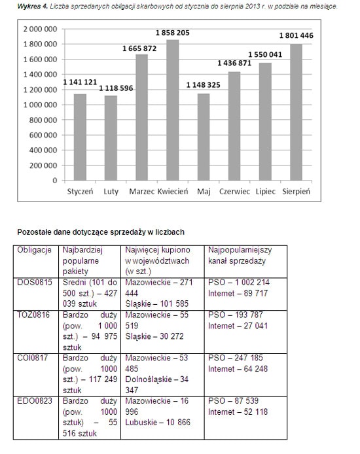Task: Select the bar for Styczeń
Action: (x=80, y=137)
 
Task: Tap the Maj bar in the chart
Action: (x=204, y=137)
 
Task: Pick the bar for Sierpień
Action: (x=295, y=112)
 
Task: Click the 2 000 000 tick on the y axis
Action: (x=40, y=29)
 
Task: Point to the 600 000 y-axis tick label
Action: (x=45, y=135)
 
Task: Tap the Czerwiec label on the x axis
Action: (x=234, y=192)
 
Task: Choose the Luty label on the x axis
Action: (x=111, y=192)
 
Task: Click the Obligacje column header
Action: (x=34, y=251)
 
